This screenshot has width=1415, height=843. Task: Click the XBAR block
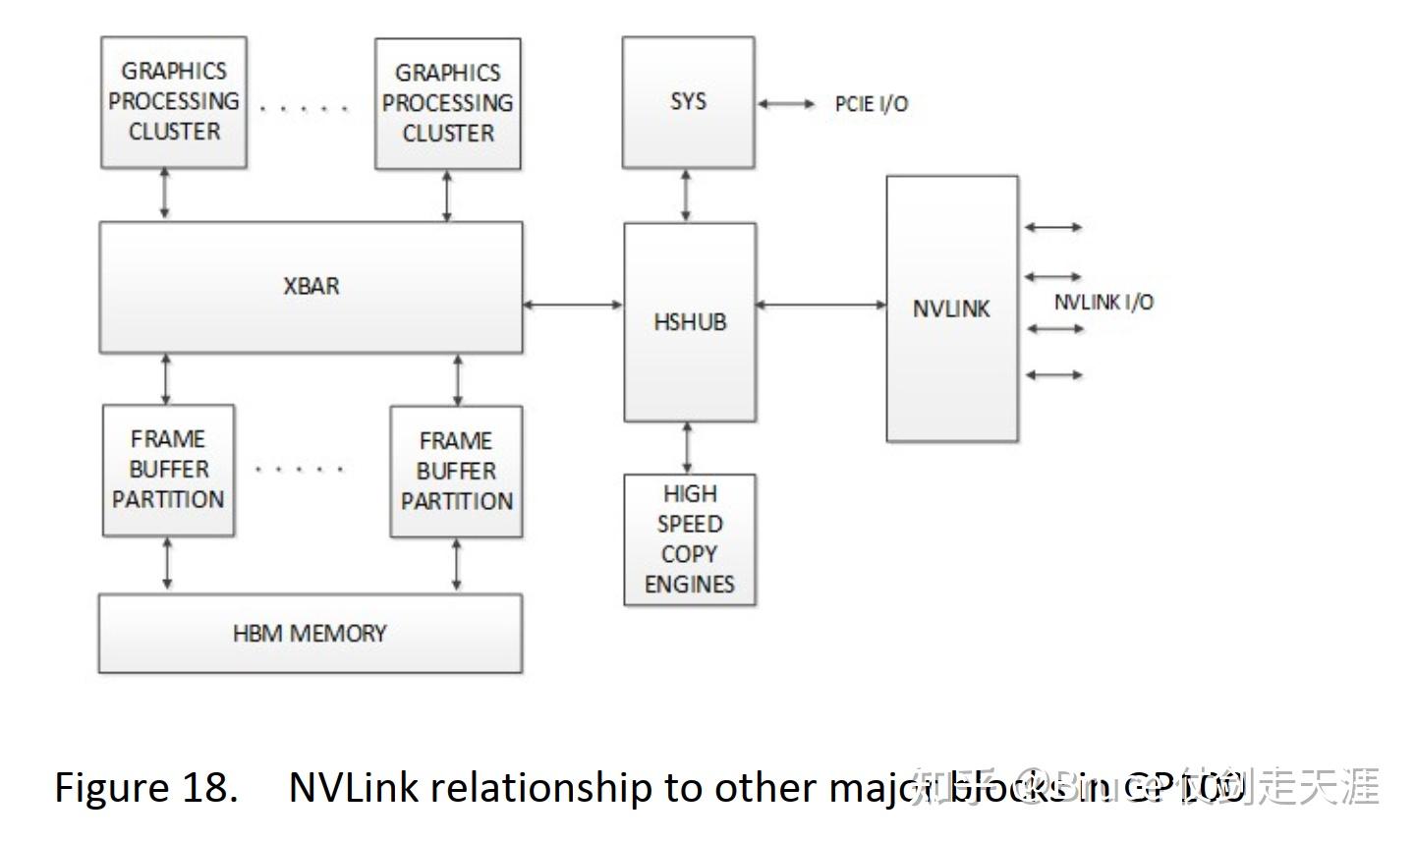(311, 287)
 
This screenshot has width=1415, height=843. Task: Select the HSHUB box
(690, 322)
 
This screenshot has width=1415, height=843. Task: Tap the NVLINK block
(951, 309)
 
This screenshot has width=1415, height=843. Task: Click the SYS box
(688, 102)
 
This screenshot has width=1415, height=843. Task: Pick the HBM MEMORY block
(310, 634)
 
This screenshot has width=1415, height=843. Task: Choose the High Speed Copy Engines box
(689, 539)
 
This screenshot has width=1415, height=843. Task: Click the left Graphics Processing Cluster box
(174, 102)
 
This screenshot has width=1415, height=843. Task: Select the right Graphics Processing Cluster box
(448, 103)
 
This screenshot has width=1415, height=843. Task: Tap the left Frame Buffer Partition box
(168, 470)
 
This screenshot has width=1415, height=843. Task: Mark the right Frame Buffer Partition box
(456, 472)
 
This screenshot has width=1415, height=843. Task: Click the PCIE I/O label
(872, 104)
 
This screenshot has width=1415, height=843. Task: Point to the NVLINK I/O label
(1104, 303)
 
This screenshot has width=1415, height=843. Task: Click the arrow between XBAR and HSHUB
(573, 305)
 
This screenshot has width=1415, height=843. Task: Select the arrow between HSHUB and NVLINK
(821, 306)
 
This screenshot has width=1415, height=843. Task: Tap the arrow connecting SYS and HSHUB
(686, 196)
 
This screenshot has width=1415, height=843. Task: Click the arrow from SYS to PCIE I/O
(786, 103)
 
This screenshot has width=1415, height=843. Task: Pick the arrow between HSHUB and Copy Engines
(687, 448)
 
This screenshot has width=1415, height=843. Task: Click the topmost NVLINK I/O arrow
(1053, 227)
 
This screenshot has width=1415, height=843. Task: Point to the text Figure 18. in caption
(145, 788)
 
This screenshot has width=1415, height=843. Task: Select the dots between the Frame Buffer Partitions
(299, 470)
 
